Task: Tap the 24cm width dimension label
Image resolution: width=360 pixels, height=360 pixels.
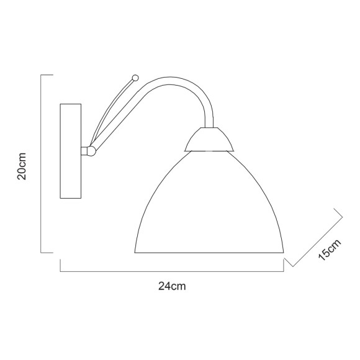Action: [172, 286]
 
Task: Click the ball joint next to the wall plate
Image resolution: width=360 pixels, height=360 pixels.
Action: [91, 150]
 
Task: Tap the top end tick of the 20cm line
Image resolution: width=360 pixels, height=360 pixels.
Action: [46, 75]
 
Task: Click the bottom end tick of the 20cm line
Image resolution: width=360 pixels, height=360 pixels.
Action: [46, 253]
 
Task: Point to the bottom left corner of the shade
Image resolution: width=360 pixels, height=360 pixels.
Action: [135, 251]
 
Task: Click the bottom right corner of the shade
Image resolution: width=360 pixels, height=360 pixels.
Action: [283, 251]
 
